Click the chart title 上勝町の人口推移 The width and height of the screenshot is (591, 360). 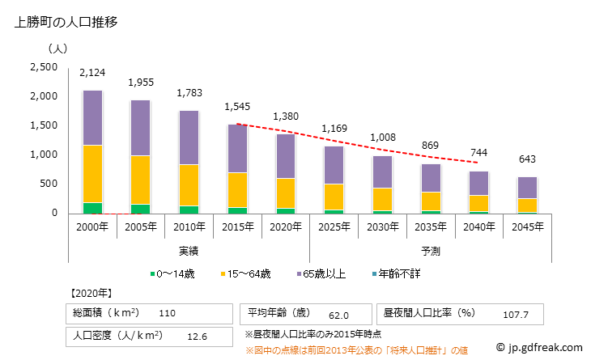coord(66,23)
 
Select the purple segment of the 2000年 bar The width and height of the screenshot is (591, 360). coord(92,117)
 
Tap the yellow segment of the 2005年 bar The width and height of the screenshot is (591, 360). coord(140,180)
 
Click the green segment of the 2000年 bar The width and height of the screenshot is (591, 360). coord(92,208)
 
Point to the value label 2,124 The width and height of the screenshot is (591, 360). coord(92,74)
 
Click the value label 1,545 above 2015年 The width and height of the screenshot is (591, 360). coord(237,107)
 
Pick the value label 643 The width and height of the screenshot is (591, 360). coord(527,159)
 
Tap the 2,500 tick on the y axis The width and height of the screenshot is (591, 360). coord(43,67)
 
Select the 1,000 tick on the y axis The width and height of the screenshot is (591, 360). coord(43,155)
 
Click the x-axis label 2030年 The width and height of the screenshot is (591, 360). coord(382,228)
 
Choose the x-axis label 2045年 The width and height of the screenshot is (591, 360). coord(527,228)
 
